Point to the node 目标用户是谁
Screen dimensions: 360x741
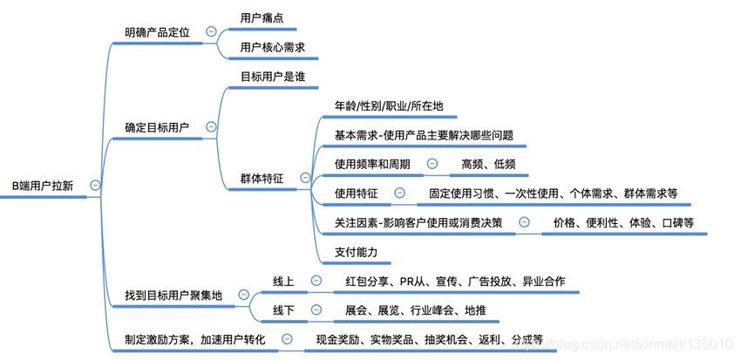click(x=272, y=76)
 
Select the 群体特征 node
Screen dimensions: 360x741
click(x=262, y=178)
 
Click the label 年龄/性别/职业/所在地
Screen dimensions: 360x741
click(x=389, y=106)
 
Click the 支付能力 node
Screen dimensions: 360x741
click(x=356, y=252)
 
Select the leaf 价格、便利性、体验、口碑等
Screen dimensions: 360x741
click(x=623, y=223)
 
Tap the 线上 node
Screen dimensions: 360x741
click(x=283, y=282)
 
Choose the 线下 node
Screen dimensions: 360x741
click(x=283, y=310)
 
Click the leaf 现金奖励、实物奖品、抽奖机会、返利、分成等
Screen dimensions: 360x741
click(x=429, y=339)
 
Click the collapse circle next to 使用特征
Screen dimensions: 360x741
click(x=399, y=193)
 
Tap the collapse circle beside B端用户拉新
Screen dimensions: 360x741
click(x=94, y=185)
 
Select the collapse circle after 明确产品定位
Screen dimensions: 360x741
click(x=211, y=32)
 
